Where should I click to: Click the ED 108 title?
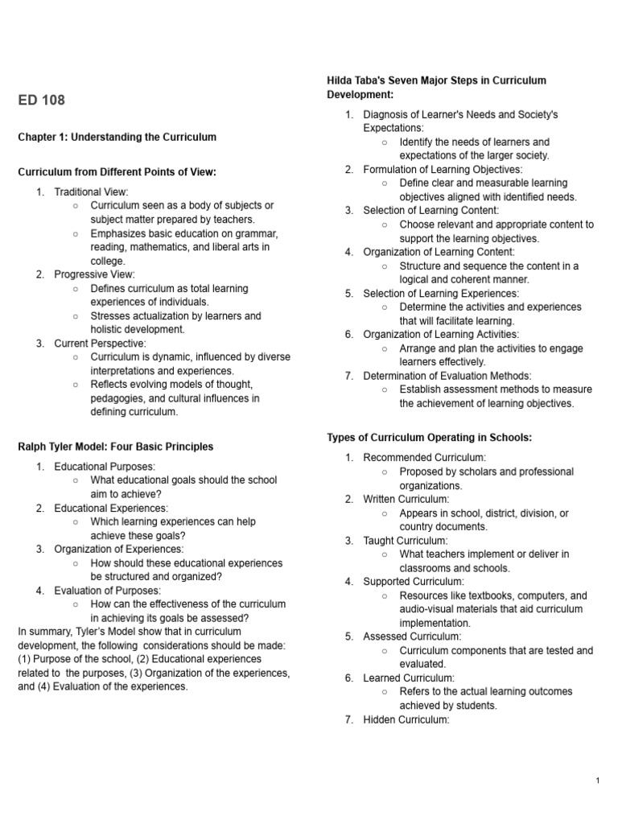41,101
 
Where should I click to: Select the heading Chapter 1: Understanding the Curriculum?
117,138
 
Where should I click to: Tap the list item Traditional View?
91,192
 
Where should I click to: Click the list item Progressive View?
94,274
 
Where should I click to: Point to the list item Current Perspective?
100,344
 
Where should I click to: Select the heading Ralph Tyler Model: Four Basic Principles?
115,447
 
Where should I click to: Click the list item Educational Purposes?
105,466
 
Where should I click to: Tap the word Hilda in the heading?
340,80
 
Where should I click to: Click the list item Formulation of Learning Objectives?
443,169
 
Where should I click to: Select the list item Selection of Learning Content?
431,210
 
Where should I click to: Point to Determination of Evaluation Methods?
447,376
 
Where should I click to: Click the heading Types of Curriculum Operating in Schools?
429,438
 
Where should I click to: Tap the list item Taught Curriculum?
406,541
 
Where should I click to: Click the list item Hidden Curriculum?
406,719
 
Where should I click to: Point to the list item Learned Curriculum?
409,678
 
